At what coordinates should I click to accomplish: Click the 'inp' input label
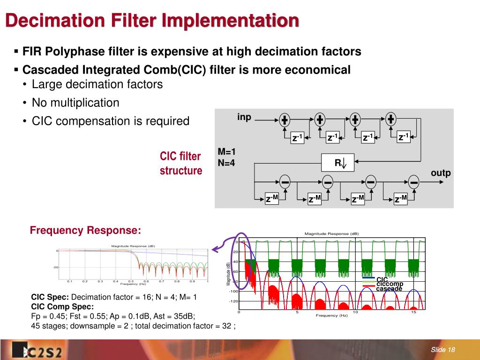coord(244,117)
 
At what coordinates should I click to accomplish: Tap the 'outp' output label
coord(441,173)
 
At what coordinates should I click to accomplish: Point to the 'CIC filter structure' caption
coord(180,163)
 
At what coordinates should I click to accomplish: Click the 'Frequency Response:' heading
coord(85,230)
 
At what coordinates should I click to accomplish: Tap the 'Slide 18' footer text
coord(443,350)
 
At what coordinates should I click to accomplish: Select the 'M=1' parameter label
coord(227,152)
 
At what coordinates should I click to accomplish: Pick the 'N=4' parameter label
coord(226,163)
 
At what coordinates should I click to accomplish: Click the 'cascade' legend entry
coord(389,289)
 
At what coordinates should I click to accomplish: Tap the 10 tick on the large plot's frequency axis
coord(355,312)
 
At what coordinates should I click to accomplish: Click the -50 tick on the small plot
coord(55,267)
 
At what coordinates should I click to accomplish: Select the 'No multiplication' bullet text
coord(75,103)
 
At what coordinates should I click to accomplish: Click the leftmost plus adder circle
coord(285,120)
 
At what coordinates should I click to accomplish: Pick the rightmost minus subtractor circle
coord(413,181)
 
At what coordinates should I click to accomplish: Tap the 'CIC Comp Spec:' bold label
coord(62,307)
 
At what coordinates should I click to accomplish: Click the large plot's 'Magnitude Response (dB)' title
coord(331,233)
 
